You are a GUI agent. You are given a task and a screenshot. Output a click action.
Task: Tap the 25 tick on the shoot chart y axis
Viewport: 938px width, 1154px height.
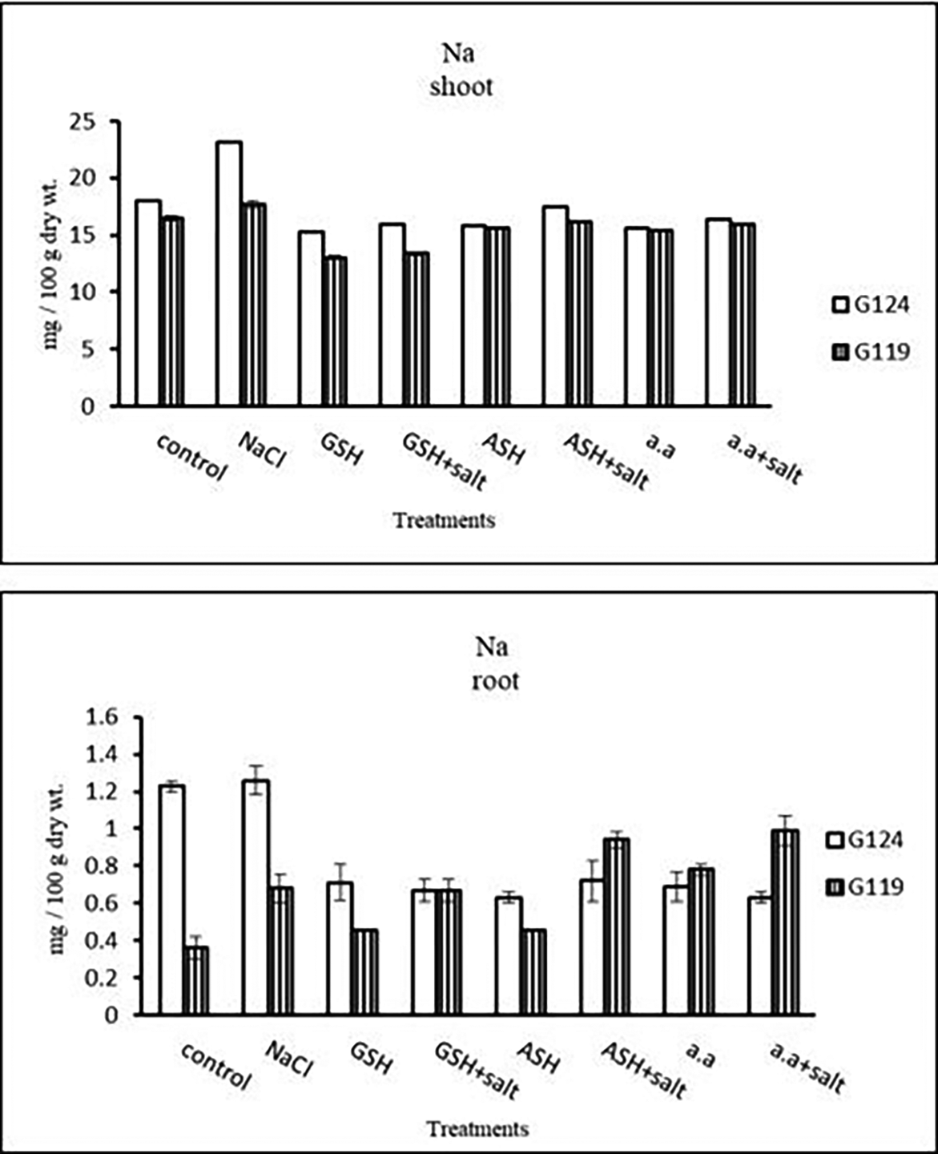[101, 122]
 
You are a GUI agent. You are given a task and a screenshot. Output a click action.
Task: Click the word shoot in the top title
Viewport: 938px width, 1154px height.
[461, 87]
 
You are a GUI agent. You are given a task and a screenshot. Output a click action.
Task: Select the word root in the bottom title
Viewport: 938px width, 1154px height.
[496, 681]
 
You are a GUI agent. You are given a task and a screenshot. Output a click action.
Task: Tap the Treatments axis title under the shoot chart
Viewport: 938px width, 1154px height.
[445, 520]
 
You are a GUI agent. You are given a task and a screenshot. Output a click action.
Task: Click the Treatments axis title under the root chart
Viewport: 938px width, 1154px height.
[477, 1129]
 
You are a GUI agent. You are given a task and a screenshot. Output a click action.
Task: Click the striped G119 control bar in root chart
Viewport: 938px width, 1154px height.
[196, 980]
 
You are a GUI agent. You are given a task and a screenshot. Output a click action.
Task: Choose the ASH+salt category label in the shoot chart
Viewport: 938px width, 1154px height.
[605, 463]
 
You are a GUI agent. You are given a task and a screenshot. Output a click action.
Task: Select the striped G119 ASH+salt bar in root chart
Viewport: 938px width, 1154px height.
[615, 926]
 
